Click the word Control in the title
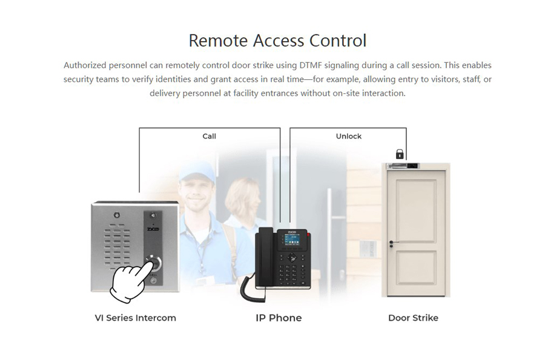[338, 41]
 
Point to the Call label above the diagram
[209, 136]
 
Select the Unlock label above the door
[349, 136]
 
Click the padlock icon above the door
[400, 154]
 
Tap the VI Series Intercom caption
[136, 318]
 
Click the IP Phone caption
[279, 318]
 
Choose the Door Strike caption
[413, 318]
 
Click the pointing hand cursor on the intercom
[130, 281]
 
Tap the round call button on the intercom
[154, 263]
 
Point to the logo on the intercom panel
[153, 231]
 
